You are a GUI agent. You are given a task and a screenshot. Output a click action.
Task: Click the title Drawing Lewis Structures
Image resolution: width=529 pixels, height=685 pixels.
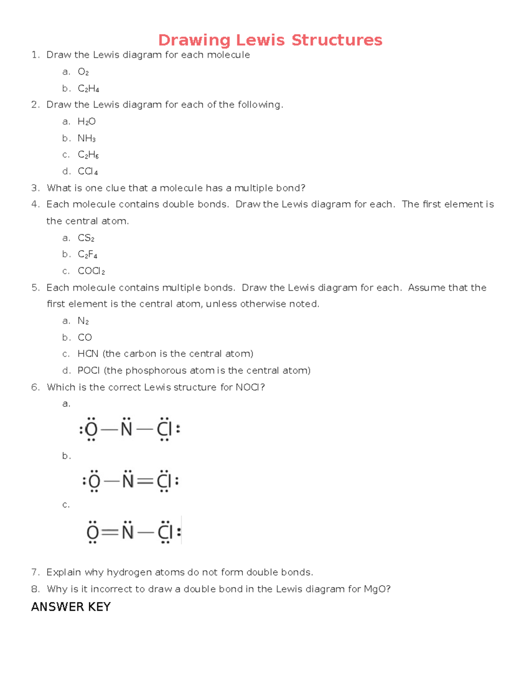click(x=270, y=40)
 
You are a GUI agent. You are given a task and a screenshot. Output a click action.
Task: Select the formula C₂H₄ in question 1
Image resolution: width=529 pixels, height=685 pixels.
click(x=88, y=89)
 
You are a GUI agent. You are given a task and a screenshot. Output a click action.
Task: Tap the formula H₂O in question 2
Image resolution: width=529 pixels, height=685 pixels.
click(x=86, y=121)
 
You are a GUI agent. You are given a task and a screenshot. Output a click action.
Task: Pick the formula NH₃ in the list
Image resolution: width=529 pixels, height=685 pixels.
click(x=86, y=138)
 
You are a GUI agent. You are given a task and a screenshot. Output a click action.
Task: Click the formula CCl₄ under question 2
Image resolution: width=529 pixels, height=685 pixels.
click(x=88, y=172)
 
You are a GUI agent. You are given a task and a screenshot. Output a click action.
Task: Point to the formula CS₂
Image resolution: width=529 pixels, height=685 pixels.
click(x=86, y=238)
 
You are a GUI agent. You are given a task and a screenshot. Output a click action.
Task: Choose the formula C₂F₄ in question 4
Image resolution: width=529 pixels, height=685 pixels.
click(x=87, y=255)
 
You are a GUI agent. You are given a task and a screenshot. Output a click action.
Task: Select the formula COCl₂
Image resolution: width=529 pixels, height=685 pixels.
click(x=91, y=271)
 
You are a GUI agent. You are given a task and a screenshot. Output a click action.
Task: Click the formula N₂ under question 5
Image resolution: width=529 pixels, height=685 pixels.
click(x=83, y=321)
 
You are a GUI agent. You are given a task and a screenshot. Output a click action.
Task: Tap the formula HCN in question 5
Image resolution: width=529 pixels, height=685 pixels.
click(x=88, y=354)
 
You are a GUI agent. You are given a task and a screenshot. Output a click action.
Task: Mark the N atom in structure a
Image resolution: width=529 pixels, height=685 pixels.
click(x=127, y=429)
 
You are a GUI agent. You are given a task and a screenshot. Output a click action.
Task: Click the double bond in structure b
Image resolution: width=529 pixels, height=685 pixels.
click(x=145, y=481)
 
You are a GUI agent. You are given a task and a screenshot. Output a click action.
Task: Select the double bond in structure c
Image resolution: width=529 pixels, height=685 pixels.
click(x=110, y=533)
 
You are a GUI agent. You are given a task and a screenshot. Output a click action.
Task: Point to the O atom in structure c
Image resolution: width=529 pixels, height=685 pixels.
click(x=93, y=533)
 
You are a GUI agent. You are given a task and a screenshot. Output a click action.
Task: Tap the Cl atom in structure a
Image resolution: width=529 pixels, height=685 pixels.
click(x=164, y=429)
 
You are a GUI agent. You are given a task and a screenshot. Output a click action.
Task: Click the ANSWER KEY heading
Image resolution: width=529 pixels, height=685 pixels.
click(x=71, y=607)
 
